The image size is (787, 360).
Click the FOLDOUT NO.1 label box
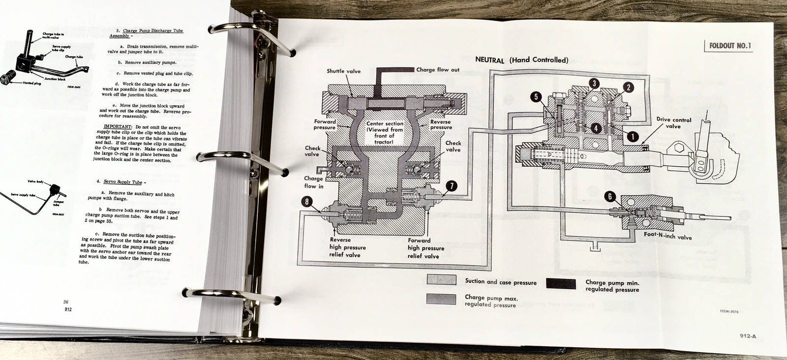coord(729,46)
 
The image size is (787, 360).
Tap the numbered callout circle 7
coord(451,186)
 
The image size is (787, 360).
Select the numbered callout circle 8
coord(307,202)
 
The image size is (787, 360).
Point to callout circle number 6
coord(610,197)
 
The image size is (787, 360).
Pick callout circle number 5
coord(536,97)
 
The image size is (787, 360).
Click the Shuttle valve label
coord(343,71)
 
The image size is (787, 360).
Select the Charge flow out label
coord(438,70)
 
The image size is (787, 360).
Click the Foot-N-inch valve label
coord(667,237)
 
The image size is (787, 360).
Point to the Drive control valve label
coord(673,123)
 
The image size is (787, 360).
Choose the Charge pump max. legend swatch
coord(441,299)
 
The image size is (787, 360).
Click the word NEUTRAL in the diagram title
coord(489,60)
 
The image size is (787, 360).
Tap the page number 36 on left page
coord(65,302)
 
